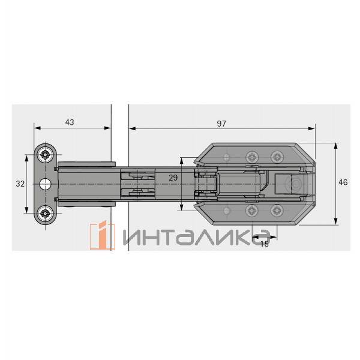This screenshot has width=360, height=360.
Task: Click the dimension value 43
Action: (70, 122)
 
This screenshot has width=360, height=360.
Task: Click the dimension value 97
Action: (221, 124)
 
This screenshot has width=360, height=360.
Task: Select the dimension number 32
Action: (20, 184)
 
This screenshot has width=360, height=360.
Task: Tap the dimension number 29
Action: (173, 178)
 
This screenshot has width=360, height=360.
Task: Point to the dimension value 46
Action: (343, 182)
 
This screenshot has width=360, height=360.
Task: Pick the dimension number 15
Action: (265, 244)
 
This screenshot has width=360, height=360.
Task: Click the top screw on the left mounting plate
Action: (45, 154)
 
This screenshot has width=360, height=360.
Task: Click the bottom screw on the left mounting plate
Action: (45, 214)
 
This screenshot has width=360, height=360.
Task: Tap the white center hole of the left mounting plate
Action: (45, 184)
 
